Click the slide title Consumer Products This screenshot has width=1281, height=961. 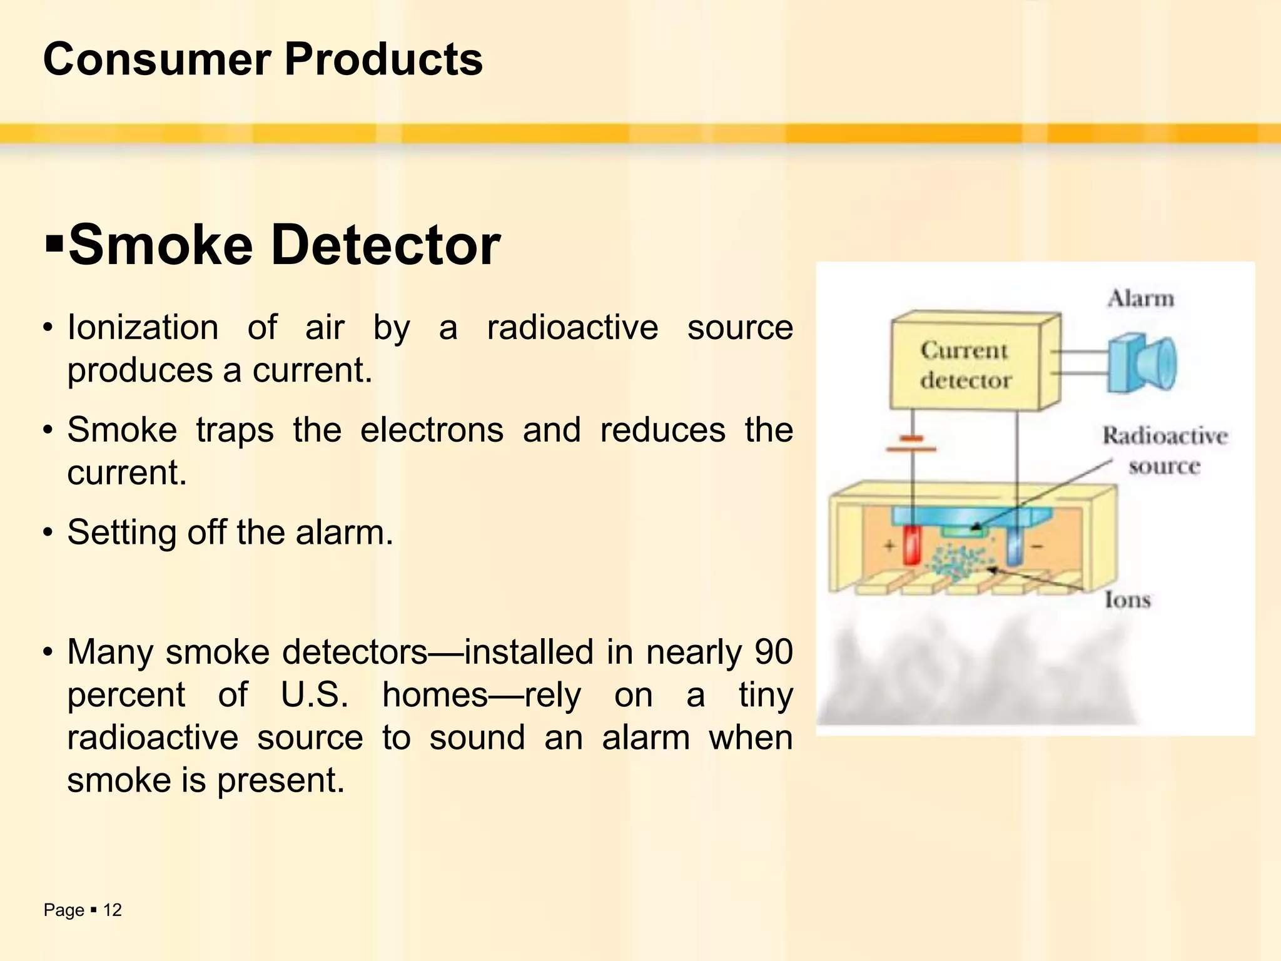tap(263, 59)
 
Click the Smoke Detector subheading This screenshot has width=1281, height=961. tap(284, 245)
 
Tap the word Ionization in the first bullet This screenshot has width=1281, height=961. tap(143, 327)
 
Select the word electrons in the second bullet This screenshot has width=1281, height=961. tap(432, 430)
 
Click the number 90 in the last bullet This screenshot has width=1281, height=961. tap(773, 652)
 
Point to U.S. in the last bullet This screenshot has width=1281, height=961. tap(315, 694)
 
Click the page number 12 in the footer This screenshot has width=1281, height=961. tap(113, 910)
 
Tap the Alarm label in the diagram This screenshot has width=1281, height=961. tap(1141, 298)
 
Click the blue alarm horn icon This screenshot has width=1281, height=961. tap(1142, 364)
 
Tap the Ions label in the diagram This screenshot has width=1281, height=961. tap(1128, 599)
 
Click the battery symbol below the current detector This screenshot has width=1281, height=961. tap(911, 444)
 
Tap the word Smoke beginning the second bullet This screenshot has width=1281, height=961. tap(122, 430)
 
